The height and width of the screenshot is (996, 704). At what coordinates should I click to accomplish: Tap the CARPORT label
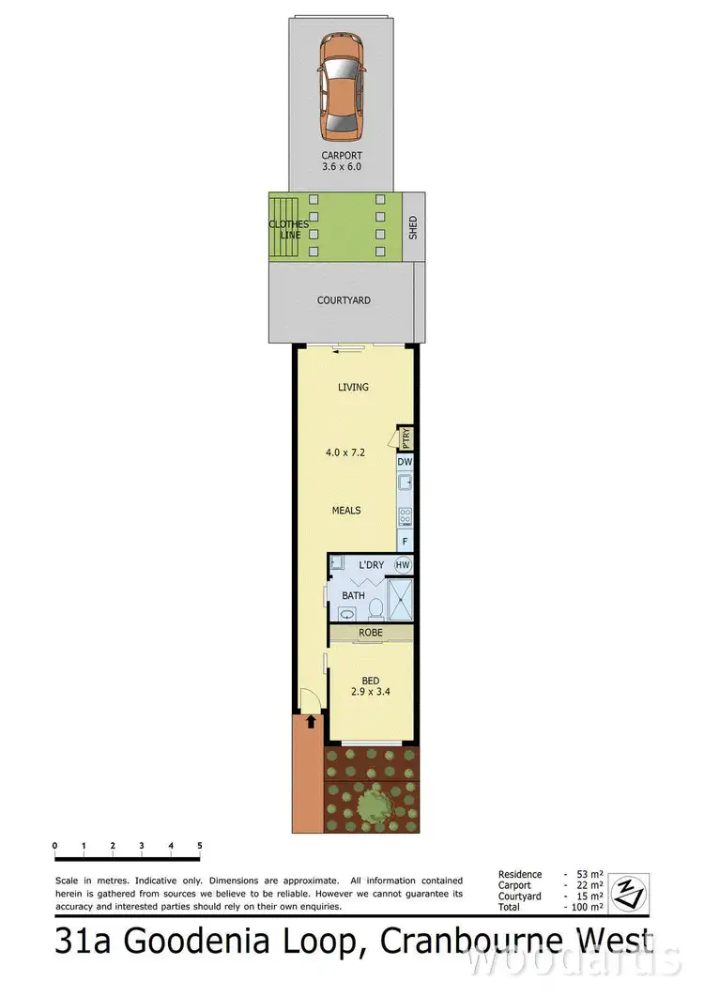click(x=342, y=156)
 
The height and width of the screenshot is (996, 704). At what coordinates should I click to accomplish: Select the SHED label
click(x=413, y=227)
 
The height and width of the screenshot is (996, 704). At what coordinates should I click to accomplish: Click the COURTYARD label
click(x=344, y=300)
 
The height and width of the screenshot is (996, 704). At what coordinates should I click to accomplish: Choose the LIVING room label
click(x=353, y=387)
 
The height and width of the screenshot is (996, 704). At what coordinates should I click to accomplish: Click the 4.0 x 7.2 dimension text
click(x=345, y=451)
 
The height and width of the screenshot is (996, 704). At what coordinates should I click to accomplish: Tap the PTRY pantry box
click(x=406, y=438)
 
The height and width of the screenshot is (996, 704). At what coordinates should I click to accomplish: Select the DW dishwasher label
click(x=405, y=462)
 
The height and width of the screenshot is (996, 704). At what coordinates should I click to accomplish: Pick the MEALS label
click(x=346, y=511)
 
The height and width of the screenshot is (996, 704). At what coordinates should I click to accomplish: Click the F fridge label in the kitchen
click(x=405, y=543)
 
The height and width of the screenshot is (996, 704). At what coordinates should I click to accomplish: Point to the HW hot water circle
click(x=403, y=565)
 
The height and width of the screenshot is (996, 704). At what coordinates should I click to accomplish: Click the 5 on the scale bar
click(x=200, y=846)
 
